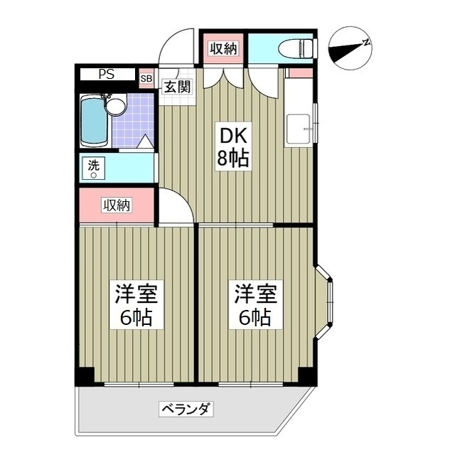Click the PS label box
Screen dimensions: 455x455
106,74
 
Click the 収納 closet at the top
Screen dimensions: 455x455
223,48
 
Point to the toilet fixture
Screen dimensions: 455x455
297,48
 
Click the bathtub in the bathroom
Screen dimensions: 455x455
92,119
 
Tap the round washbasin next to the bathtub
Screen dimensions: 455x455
115,107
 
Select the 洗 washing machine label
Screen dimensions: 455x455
93,166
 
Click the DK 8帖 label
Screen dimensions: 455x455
232,147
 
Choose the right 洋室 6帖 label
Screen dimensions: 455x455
252,304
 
